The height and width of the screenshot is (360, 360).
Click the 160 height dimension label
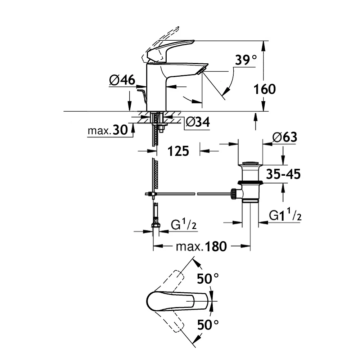click(265, 89)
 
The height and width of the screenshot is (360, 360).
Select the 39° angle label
click(246, 60)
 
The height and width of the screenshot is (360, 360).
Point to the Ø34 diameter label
click(198, 122)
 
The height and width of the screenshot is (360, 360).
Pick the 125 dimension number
click(178, 151)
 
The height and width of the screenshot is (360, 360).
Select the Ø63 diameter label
click(285, 137)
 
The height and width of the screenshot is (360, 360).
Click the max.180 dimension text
click(201, 247)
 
